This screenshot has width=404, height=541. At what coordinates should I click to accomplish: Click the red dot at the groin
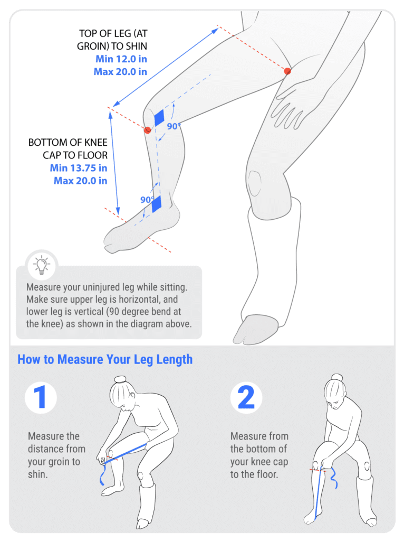tap(287, 71)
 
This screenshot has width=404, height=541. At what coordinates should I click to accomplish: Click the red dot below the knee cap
tap(147, 130)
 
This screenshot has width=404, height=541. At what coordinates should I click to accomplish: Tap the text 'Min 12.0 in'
tap(121, 59)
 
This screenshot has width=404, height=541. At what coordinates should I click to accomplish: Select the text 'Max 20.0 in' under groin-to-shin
tap(121, 72)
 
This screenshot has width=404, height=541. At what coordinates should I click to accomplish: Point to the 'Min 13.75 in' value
tap(79, 168)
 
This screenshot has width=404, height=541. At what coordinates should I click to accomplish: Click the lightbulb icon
tap(42, 265)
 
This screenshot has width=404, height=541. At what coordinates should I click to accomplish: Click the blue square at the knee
tap(159, 118)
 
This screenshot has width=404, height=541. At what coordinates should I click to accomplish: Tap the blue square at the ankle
tap(157, 204)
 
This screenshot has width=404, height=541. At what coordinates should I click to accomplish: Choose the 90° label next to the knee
tap(174, 126)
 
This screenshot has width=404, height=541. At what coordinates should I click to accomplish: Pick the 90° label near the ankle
tap(147, 200)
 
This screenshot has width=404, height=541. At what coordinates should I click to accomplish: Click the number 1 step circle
tap(41, 397)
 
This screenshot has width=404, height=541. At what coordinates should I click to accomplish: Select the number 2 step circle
tap(246, 397)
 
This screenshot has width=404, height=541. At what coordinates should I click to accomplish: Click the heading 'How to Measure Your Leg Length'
tap(105, 359)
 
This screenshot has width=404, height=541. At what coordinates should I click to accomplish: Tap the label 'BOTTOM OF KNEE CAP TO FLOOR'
tap(68, 148)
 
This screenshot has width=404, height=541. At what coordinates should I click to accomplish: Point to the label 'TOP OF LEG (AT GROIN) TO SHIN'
tap(112, 40)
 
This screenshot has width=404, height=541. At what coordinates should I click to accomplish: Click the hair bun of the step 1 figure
tap(120, 379)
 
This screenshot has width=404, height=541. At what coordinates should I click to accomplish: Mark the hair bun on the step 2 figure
tap(336, 377)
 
